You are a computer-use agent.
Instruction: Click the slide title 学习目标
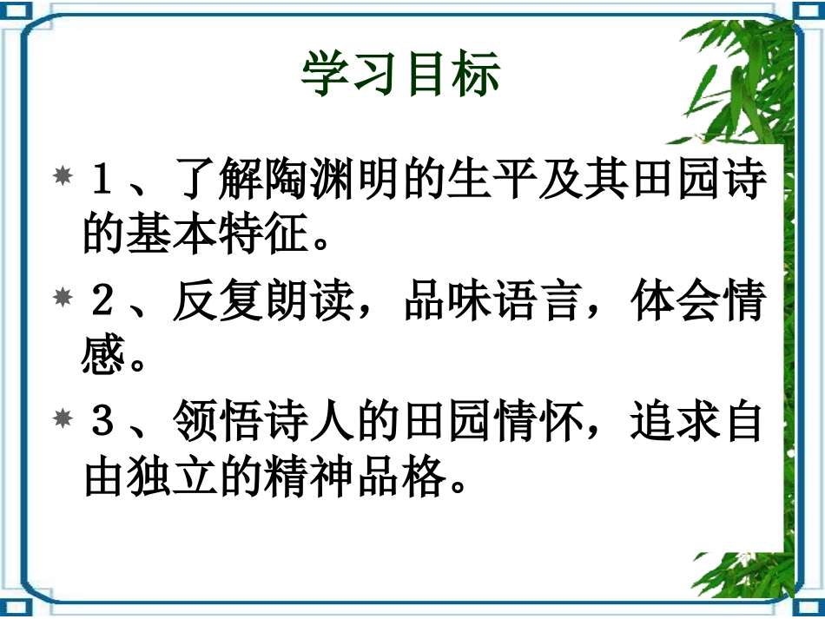coord(401,73)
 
